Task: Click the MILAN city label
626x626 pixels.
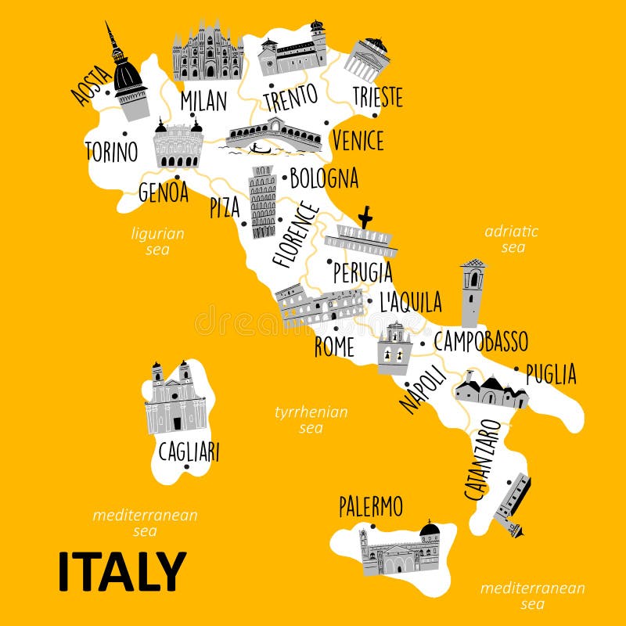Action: [203, 100]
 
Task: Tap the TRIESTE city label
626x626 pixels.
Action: [377, 97]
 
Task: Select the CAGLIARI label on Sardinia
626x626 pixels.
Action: [189, 452]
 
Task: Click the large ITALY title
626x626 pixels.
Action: [121, 571]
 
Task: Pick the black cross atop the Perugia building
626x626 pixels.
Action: [364, 217]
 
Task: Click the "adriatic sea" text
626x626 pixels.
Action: [512, 239]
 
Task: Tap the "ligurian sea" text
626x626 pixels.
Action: [157, 241]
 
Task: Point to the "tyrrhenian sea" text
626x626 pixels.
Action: [311, 419]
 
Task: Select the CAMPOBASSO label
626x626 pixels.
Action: [480, 341]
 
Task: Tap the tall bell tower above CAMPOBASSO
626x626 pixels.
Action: [472, 293]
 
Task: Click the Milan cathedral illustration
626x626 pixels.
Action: [207, 53]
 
